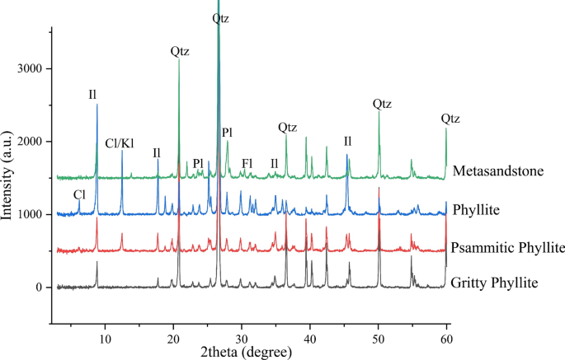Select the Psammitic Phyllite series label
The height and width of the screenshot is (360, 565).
click(x=507, y=248)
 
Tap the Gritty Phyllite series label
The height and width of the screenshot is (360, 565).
click(x=495, y=283)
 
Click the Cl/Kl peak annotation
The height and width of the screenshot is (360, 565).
click(x=121, y=143)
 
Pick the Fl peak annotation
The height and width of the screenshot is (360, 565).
click(x=247, y=163)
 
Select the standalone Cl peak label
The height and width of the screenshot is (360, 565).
click(x=79, y=195)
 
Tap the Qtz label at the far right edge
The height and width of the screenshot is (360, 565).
click(x=451, y=119)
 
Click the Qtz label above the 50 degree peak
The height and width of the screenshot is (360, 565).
click(x=382, y=104)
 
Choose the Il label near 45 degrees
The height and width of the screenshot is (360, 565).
click(x=347, y=141)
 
